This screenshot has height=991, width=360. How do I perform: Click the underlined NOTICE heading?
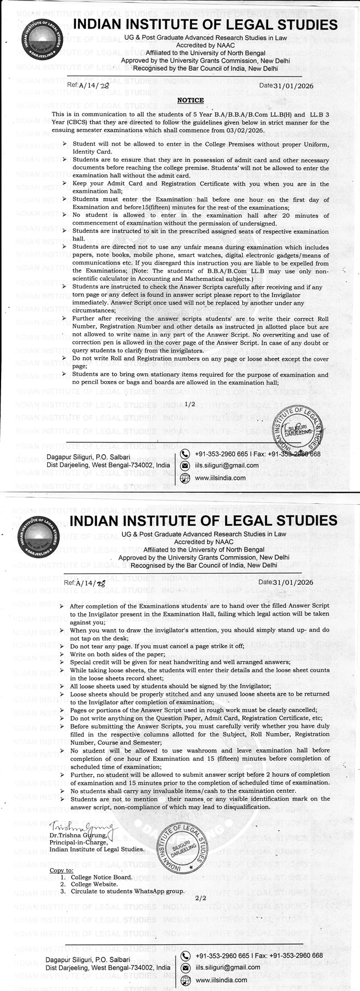click(190, 100)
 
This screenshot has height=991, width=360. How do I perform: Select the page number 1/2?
click(190, 404)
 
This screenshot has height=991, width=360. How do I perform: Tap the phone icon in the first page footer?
click(186, 454)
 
